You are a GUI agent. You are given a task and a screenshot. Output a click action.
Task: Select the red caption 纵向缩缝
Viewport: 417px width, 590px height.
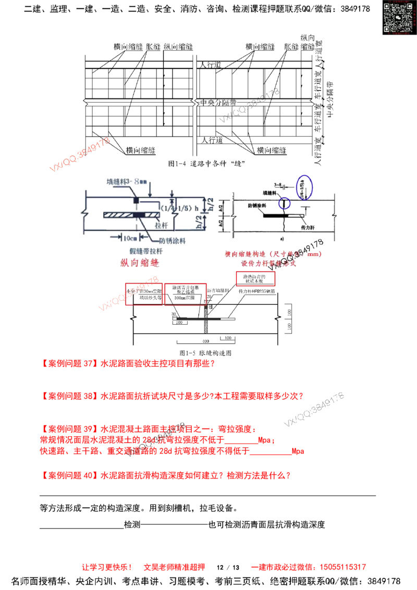(x=139, y=264)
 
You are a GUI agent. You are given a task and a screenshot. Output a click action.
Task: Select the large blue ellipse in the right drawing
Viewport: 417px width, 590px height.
(x=304, y=187)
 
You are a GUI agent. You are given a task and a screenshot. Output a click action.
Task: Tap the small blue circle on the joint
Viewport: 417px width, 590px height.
(x=284, y=203)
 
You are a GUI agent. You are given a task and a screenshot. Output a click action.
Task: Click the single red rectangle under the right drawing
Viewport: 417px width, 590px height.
(x=255, y=279)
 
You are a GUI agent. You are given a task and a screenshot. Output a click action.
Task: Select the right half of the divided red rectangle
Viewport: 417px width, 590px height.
(x=186, y=294)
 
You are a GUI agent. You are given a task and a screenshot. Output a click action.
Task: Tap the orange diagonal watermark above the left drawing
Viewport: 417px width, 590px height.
(x=80, y=155)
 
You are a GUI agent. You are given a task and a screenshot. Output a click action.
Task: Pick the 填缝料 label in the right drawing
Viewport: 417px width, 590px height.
(x=268, y=192)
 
